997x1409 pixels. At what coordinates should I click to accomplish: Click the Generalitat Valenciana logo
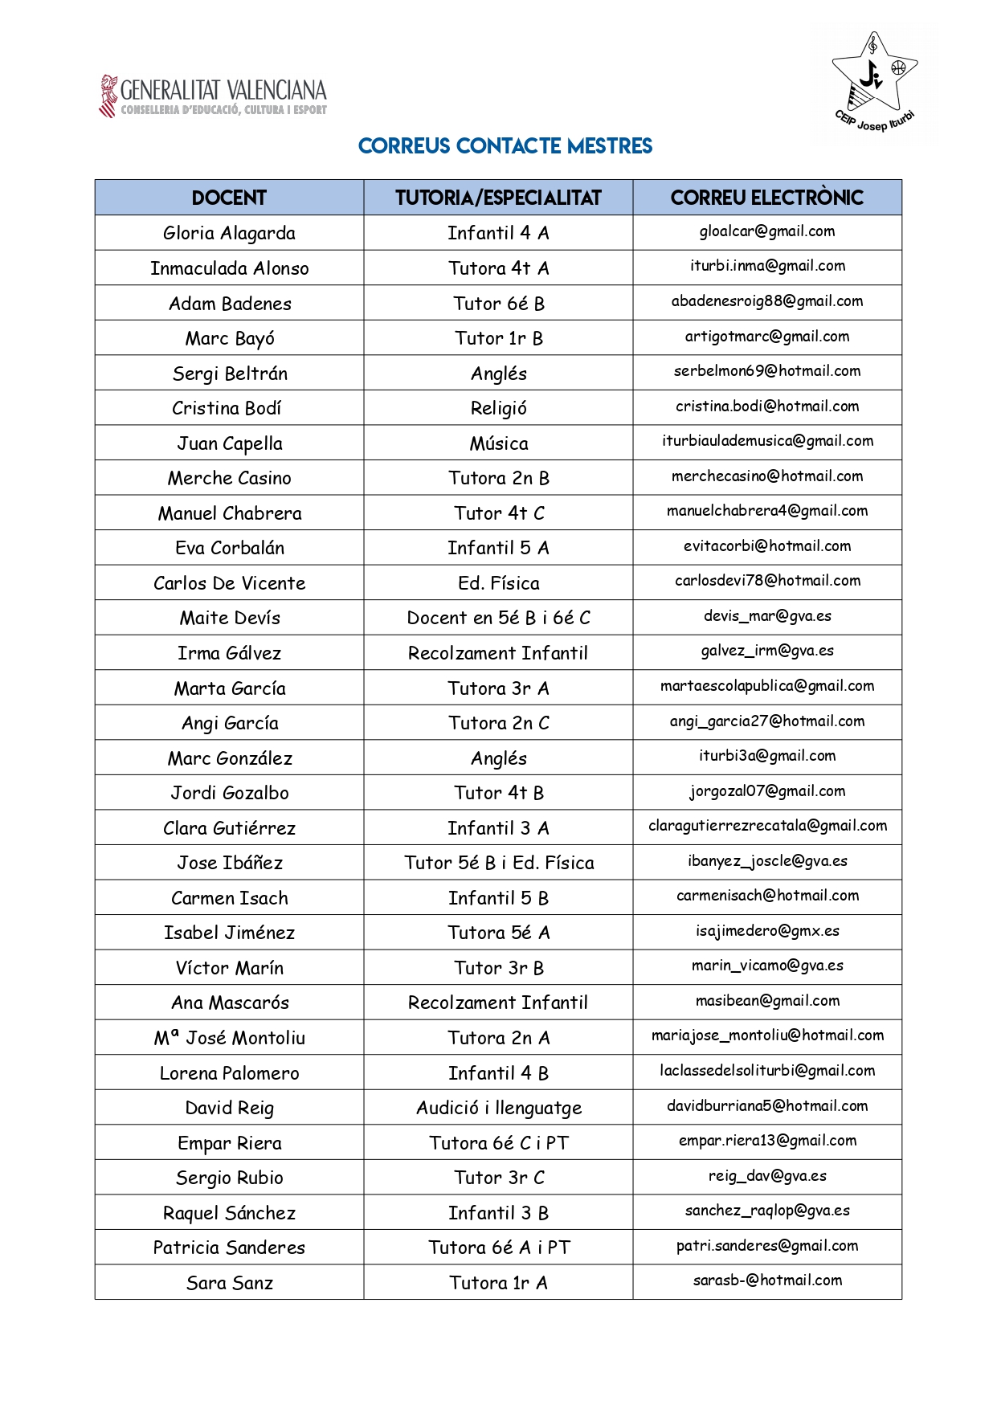213,96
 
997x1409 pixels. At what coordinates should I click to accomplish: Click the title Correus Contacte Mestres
505,146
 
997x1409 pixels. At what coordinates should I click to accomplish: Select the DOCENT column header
229,198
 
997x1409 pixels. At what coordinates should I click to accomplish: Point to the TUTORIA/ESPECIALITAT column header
498,198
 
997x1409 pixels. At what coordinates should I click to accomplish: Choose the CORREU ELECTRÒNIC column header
766,198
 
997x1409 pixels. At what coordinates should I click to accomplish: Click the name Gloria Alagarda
229,233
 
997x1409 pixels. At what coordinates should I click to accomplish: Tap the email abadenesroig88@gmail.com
766,301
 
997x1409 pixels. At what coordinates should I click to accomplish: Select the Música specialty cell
498,443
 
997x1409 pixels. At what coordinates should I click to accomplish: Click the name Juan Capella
229,443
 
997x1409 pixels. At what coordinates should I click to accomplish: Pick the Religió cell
498,408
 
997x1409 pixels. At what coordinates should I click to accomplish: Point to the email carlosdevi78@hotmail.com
766,581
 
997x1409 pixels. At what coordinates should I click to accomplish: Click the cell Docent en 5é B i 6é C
498,618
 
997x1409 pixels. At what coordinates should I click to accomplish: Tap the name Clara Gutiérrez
229,828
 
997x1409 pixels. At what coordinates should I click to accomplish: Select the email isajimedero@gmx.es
766,931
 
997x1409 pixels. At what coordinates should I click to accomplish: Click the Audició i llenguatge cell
498,1109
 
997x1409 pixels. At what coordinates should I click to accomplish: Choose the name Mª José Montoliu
229,1038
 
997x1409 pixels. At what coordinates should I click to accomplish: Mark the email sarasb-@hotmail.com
766,1280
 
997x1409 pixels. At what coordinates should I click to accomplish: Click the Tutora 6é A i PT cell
498,1248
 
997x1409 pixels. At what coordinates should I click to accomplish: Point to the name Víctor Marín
229,968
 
